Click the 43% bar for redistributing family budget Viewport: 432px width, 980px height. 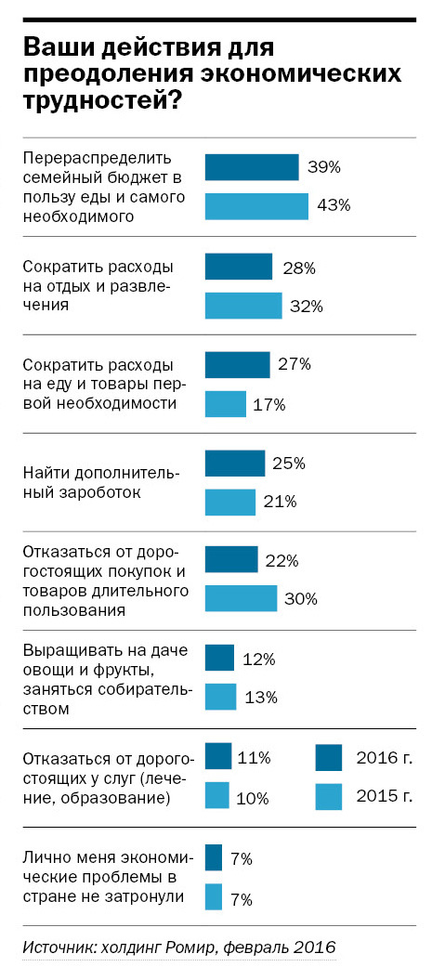tap(255, 206)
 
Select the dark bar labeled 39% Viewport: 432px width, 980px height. tap(251, 167)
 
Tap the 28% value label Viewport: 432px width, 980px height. tap(297, 268)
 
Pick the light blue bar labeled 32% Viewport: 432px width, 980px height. tap(242, 306)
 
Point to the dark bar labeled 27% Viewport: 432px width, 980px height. tap(237, 365)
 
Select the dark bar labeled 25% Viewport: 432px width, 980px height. tap(234, 463)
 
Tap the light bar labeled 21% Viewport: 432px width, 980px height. tap(229, 502)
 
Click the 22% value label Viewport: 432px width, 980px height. tap(282, 561)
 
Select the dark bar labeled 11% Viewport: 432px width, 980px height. tap(217, 757)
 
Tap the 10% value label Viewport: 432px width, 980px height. tap(253, 796)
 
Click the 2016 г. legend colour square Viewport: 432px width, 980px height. tap(330, 758)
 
